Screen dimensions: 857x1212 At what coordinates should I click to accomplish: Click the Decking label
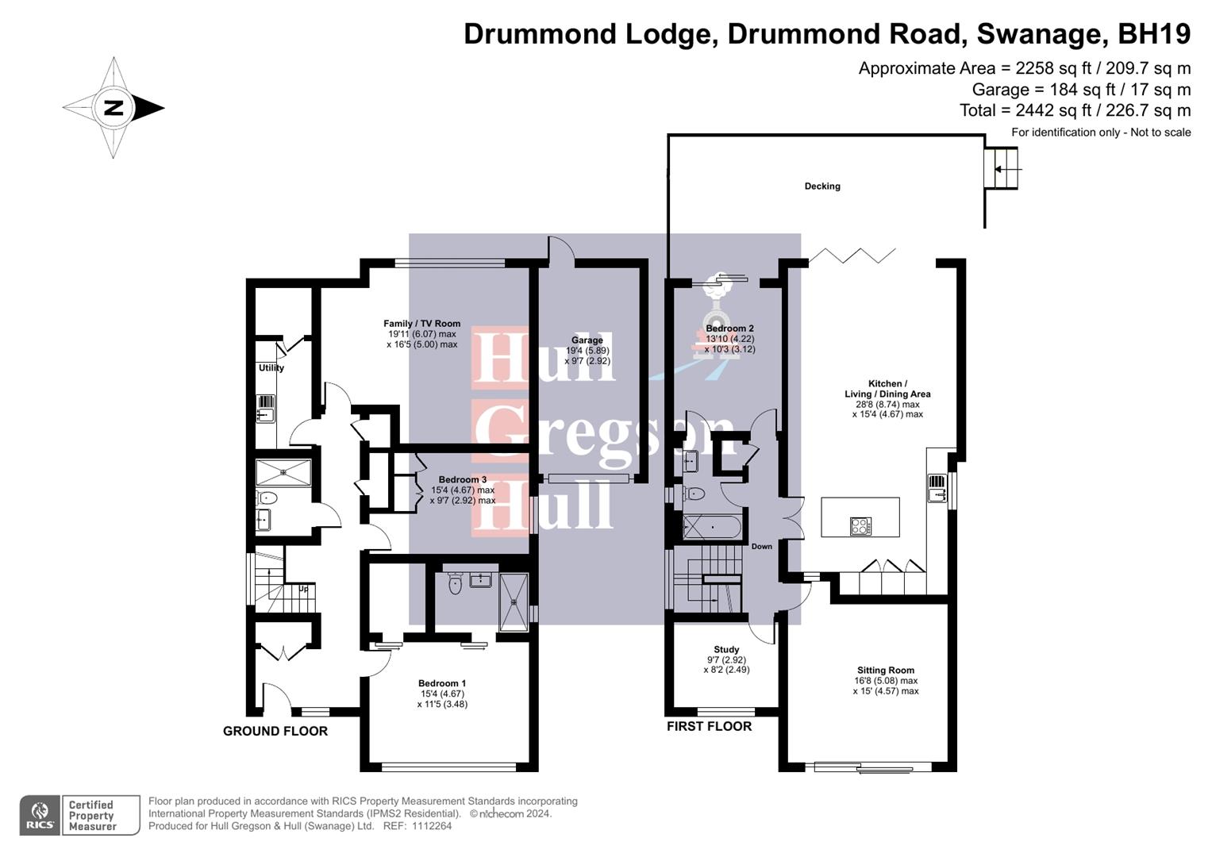coord(821,186)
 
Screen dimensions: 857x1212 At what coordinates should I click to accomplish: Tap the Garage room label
coord(587,340)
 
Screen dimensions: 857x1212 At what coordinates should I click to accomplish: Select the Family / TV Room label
coord(421,324)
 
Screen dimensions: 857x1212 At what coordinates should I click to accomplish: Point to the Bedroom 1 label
coord(442,683)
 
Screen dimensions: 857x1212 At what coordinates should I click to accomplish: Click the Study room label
coord(725,650)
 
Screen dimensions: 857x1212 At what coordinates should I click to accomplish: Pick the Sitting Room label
coord(885,671)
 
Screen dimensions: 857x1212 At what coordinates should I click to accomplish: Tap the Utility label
coord(271,368)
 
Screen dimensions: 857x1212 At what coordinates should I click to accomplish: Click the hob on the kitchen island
coord(860,525)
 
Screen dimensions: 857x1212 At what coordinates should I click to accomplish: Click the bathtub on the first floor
coord(712,527)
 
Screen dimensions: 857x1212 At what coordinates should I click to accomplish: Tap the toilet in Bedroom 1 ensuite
coord(455,585)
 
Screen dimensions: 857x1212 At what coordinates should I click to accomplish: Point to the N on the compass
coord(114,108)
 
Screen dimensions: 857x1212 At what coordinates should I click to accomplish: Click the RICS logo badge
coord(40,815)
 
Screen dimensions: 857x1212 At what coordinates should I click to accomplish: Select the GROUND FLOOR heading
coord(275,731)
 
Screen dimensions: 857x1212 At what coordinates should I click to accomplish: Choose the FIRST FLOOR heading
coord(708,726)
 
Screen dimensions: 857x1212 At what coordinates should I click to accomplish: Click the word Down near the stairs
coord(761,547)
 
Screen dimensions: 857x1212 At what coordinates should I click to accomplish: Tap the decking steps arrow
coord(1008,169)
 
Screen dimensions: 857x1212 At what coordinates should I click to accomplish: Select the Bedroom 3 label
coord(463,479)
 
